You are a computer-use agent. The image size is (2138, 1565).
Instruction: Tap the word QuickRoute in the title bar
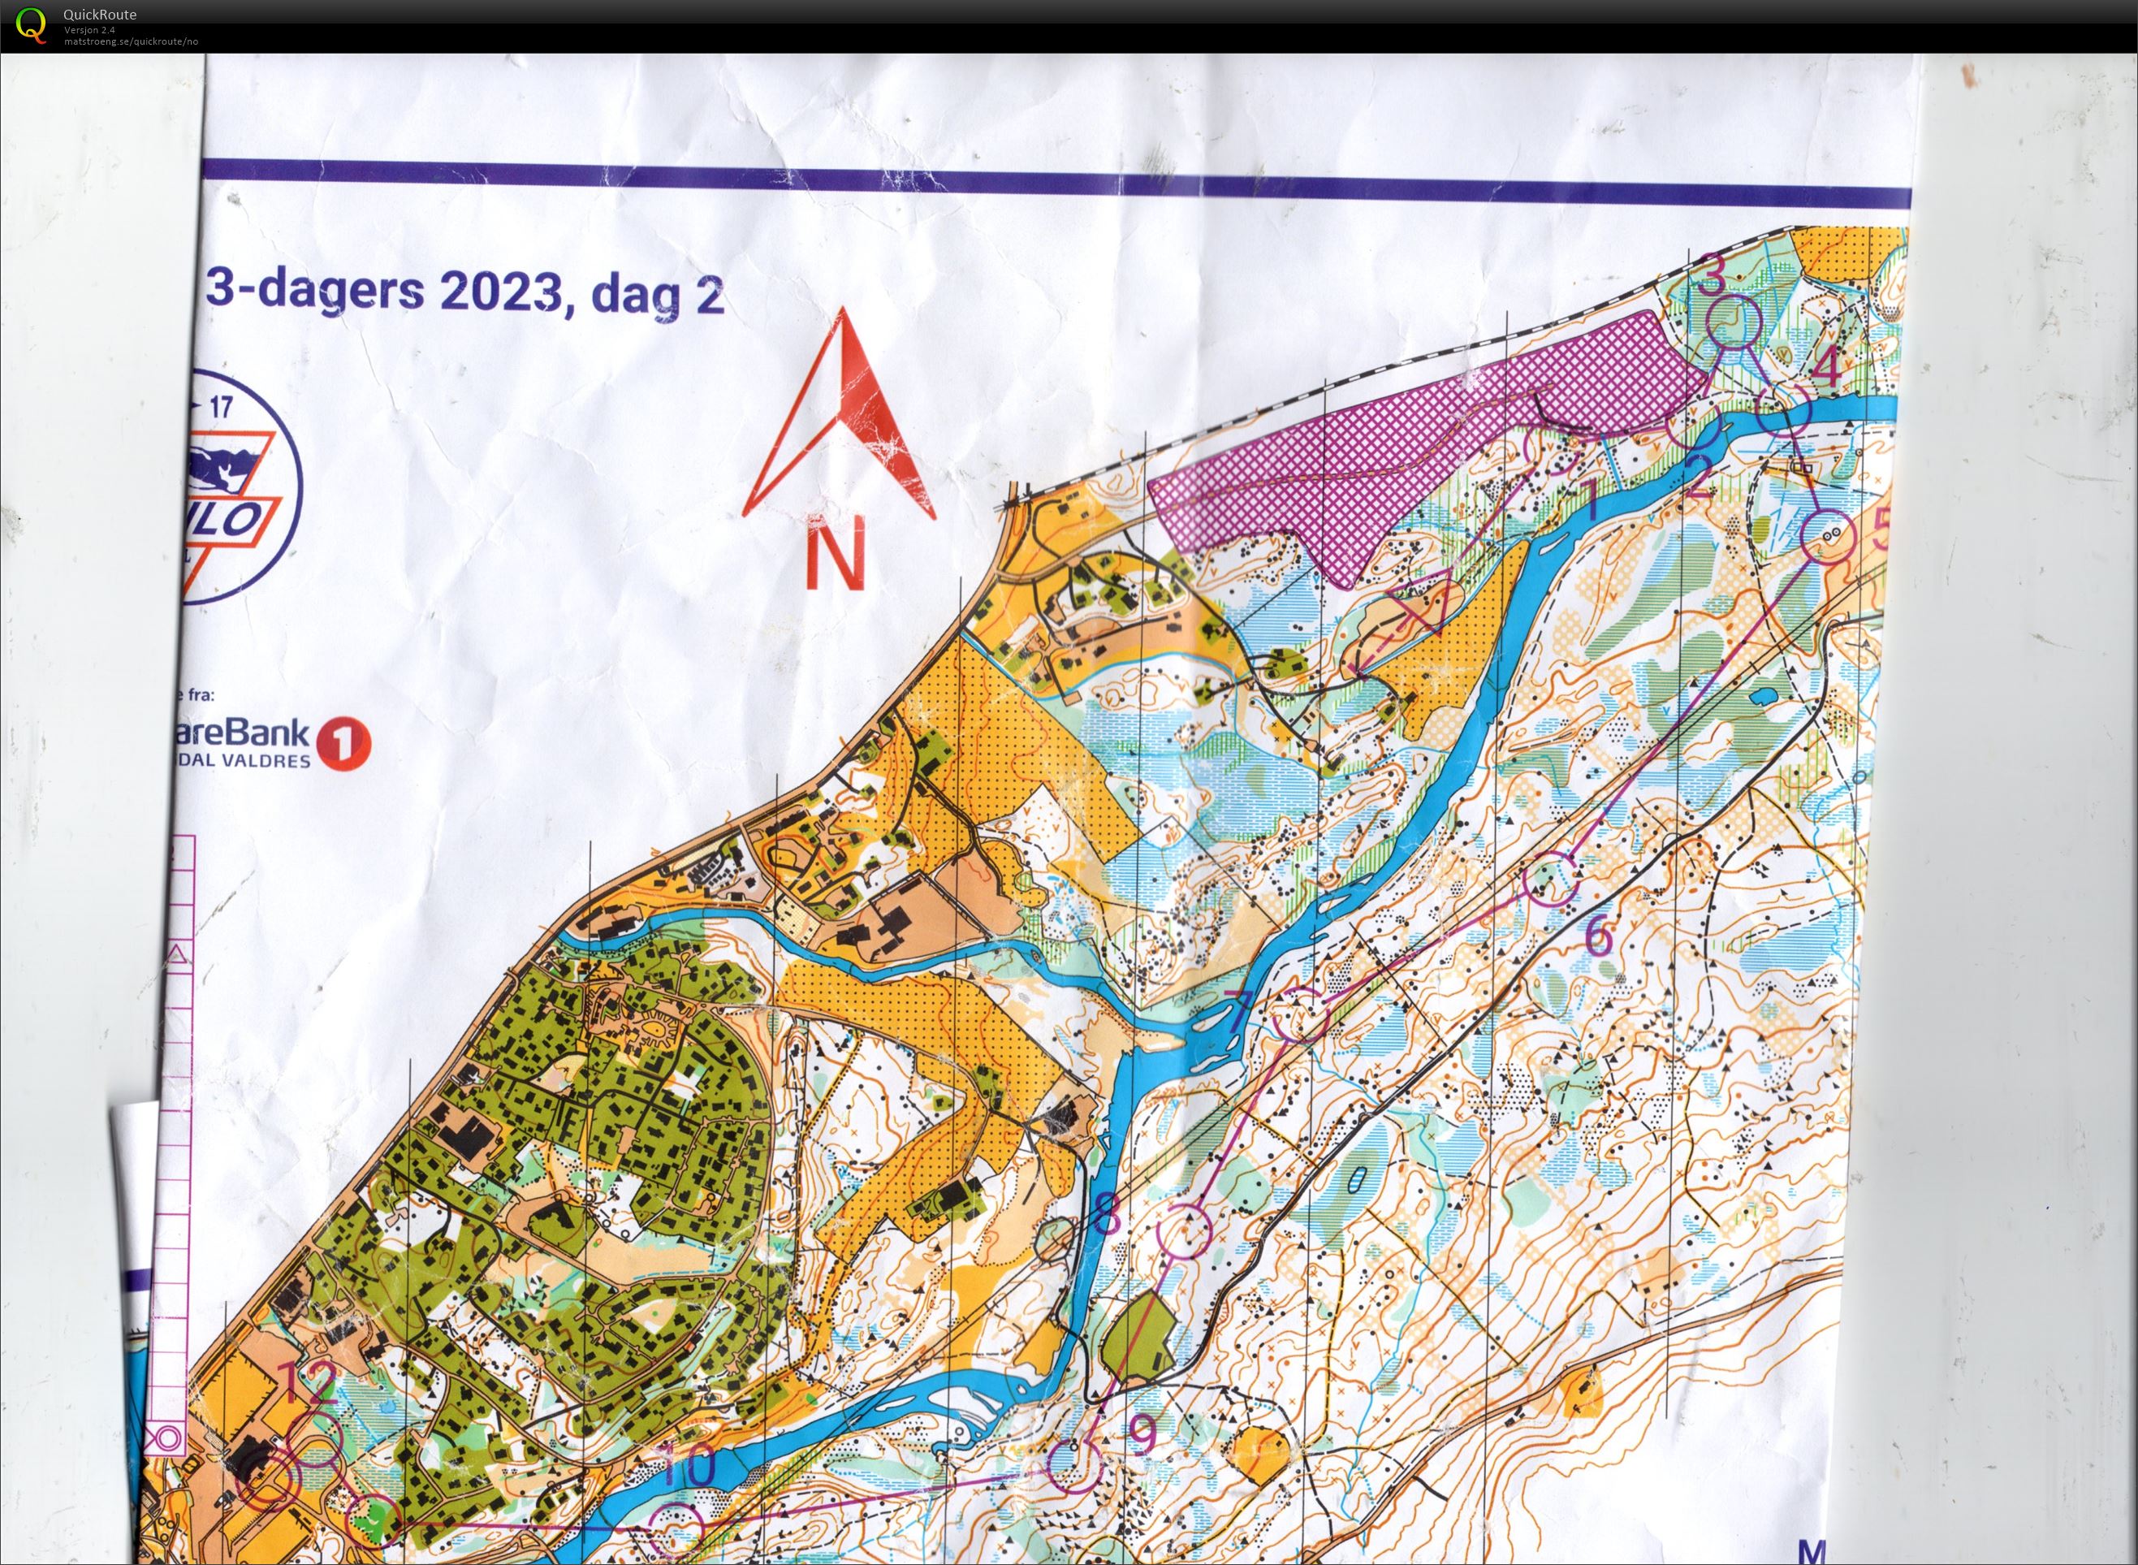pyautogui.click(x=99, y=14)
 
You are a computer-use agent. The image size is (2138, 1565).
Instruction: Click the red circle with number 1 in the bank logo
pyautogui.click(x=342, y=744)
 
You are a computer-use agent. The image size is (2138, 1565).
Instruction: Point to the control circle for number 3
pyautogui.click(x=1733, y=322)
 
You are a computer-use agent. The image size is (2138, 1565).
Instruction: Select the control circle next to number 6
pyautogui.click(x=1552, y=878)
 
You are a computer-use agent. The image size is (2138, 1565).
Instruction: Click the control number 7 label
pyautogui.click(x=1241, y=1012)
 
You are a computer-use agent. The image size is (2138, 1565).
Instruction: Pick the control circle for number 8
pyautogui.click(x=1185, y=1230)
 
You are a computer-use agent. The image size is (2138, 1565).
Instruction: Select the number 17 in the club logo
pyautogui.click(x=220, y=409)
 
